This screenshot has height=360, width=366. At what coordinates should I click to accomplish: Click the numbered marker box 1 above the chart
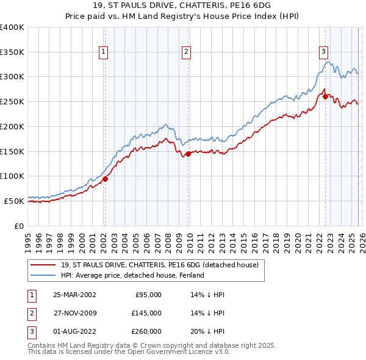click(104, 52)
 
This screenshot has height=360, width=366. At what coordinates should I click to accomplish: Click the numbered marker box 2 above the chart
click(185, 52)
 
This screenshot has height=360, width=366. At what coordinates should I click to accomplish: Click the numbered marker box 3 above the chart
click(324, 52)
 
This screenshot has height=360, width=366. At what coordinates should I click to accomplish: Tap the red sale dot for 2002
click(105, 179)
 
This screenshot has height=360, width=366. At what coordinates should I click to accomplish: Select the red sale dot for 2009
click(188, 154)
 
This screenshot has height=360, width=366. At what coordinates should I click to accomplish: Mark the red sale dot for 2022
click(325, 96)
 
